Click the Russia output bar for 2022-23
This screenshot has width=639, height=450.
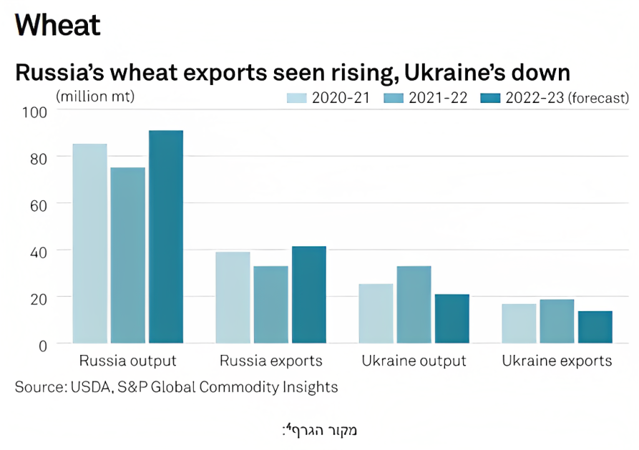pos(166,237)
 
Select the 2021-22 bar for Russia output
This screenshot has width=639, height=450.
pos(128,255)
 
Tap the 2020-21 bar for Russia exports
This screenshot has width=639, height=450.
pos(233,298)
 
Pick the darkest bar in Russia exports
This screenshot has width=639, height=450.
pos(309,295)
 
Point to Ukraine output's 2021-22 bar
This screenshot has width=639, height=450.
pos(414,305)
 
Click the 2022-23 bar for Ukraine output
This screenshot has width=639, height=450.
pos(452,319)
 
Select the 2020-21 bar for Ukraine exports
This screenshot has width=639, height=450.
pos(520,323)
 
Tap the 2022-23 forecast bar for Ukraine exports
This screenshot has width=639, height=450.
pos(595,328)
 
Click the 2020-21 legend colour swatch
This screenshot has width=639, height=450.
pos(297,98)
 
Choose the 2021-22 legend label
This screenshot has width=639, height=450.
pos(438,98)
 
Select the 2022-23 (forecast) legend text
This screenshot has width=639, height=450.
pos(567,98)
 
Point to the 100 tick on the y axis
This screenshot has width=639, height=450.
pos(34,112)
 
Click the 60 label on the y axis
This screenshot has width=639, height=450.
pos(39,206)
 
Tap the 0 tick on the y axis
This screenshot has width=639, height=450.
pos(43,346)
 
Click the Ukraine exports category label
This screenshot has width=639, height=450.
pos(557,361)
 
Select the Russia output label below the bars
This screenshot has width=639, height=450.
pos(128,361)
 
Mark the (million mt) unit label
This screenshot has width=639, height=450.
pos(95,97)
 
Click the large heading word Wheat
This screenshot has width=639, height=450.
pos(57,25)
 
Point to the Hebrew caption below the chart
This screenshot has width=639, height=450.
pos(319,431)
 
